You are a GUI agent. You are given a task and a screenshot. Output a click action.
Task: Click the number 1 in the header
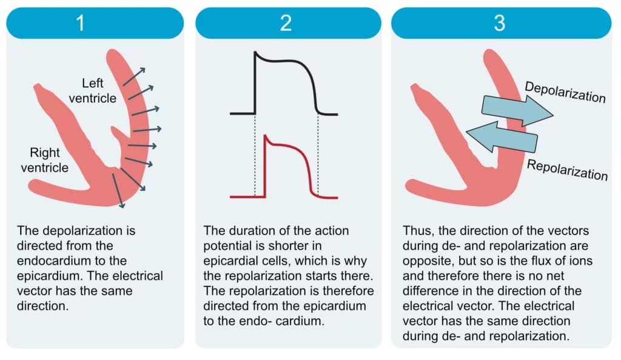click(x=81, y=23)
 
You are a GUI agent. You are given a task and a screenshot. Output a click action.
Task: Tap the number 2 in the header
click(x=286, y=23)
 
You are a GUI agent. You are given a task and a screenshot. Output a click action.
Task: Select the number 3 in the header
click(x=500, y=23)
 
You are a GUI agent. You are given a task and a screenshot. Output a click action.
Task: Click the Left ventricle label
click(x=93, y=90)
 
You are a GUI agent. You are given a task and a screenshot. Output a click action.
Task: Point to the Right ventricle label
click(x=45, y=160)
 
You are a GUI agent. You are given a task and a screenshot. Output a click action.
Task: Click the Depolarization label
click(x=565, y=92)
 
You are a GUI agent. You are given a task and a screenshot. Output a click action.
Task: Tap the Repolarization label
click(x=567, y=170)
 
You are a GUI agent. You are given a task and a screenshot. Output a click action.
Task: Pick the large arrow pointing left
click(x=502, y=136)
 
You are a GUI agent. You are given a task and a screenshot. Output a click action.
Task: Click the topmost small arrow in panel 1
click(x=134, y=77)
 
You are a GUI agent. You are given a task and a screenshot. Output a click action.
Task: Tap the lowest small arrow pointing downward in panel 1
click(x=118, y=190)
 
